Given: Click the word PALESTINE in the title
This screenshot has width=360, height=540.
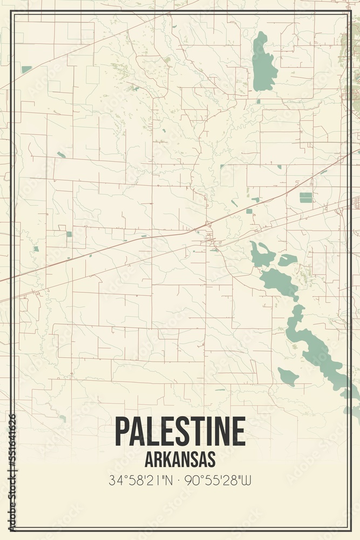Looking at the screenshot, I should (180, 431).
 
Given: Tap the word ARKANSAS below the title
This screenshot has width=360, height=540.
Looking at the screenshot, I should (180, 459).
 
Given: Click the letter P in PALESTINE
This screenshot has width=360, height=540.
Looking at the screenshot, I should (122, 431).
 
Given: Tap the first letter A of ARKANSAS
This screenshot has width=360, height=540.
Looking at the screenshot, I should (149, 459).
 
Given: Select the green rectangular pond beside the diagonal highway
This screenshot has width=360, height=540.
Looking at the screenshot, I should (306, 198).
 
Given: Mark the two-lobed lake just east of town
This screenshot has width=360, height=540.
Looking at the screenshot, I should (262, 255).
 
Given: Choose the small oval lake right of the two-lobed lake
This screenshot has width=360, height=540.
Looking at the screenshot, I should (287, 260).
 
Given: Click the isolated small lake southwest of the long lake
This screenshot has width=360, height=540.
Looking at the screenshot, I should (288, 376).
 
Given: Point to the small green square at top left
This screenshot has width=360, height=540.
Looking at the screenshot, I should (26, 69).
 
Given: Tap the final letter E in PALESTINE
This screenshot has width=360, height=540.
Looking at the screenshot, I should (238, 431).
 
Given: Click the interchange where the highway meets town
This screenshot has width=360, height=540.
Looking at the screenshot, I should (207, 225).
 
